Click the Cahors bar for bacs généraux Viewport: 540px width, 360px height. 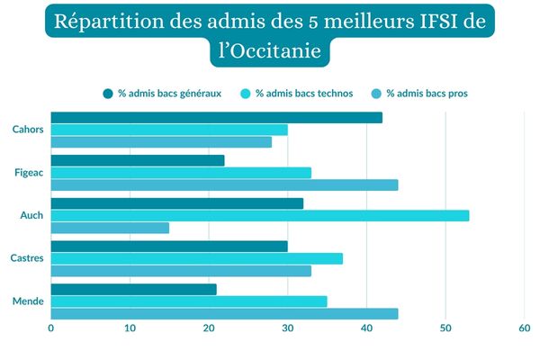point(216,118)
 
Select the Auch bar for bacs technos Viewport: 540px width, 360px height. point(259,216)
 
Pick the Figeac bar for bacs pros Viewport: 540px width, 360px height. point(224,185)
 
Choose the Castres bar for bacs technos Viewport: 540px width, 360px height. point(196,258)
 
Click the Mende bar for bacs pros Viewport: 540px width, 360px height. point(224,313)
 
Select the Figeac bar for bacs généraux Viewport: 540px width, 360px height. point(137,160)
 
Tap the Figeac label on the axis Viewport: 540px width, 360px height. point(29,172)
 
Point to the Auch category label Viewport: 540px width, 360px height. point(32,215)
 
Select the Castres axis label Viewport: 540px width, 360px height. point(28,258)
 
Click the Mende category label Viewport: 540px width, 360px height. point(30,301)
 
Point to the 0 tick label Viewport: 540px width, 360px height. point(50,329)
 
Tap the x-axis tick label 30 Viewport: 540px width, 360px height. point(287,329)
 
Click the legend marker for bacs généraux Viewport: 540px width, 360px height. point(108,93)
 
